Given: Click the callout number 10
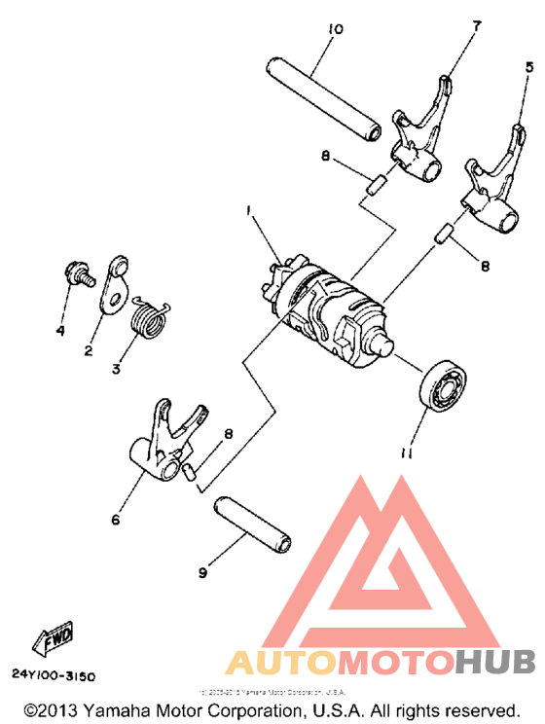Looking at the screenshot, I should click(334, 29).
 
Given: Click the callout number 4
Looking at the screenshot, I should click(60, 331).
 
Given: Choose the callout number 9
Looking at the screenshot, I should click(202, 573).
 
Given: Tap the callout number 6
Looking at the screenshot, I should click(115, 521).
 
